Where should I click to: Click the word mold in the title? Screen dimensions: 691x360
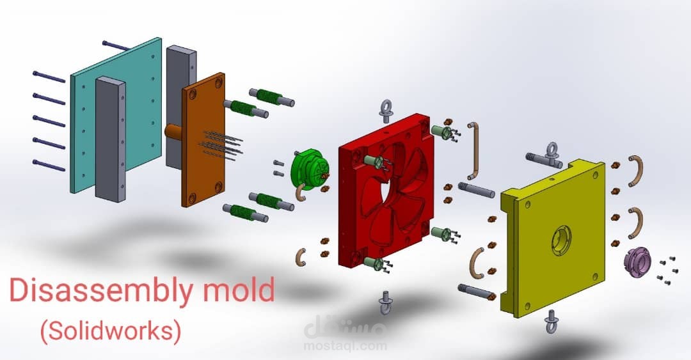pos(239,289)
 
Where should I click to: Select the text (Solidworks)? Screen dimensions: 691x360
pos(111,331)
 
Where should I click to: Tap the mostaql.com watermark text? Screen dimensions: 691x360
pos(345,346)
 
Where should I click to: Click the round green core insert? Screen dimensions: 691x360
pos(310,169)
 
